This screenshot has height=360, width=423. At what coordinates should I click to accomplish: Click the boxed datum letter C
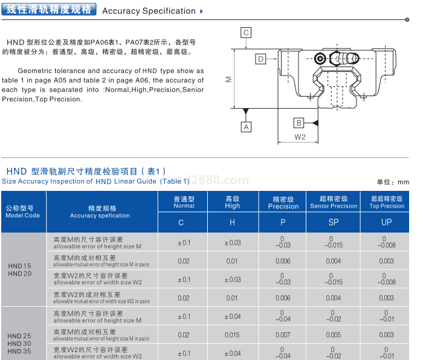(246, 33)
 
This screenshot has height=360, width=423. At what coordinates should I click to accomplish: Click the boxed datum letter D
(260, 59)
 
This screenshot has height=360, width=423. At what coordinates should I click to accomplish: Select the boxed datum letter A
(246, 127)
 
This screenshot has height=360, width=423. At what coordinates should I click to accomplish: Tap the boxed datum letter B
(299, 123)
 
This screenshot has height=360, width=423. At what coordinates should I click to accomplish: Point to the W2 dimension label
(300, 137)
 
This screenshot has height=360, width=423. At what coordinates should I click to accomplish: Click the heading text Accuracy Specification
(149, 11)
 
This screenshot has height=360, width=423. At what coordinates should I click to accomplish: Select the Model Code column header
(23, 212)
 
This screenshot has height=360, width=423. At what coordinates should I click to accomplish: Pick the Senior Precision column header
(334, 202)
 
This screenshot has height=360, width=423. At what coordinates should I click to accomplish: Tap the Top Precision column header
(387, 202)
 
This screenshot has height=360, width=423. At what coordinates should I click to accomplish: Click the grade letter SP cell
(334, 222)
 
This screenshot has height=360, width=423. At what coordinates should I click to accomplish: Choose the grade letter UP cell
(387, 222)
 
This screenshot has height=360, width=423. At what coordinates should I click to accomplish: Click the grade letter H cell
(233, 222)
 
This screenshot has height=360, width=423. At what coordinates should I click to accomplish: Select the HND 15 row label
(19, 266)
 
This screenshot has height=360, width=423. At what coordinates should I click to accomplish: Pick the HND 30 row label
(19, 343)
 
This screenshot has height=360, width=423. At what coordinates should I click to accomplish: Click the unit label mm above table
(404, 182)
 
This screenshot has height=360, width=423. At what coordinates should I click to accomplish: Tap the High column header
(233, 202)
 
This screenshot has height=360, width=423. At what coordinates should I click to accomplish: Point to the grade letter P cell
(283, 222)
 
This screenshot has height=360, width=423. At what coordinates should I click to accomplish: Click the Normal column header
(184, 202)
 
